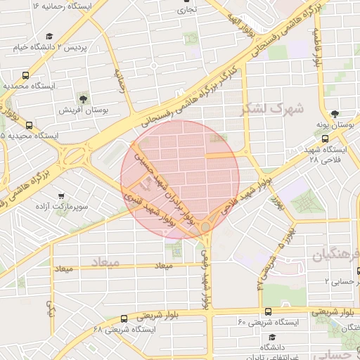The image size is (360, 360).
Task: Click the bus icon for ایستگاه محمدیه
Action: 26,75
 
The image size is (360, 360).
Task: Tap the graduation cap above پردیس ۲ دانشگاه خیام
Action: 49,37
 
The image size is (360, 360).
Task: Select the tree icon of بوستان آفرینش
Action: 83,98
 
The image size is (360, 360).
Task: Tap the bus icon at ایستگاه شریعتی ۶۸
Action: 124,318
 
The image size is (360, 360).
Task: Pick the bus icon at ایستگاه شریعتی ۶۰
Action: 268,311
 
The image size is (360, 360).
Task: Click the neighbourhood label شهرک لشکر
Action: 271,109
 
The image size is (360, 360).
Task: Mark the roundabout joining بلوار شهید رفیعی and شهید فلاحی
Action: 205,226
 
